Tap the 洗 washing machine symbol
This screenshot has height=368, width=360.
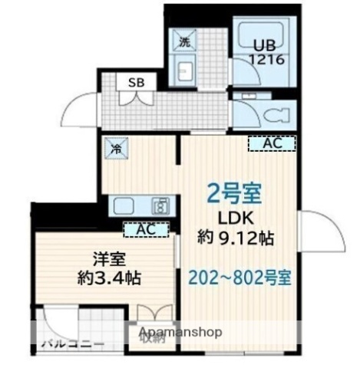(x=186, y=41)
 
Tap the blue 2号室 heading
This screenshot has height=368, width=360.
(x=235, y=192)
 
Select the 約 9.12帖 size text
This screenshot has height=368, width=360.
(x=235, y=237)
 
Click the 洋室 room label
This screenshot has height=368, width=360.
(x=95, y=260)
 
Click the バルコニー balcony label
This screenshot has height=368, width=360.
(x=72, y=343)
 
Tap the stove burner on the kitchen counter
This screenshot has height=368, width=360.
(x=160, y=205)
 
